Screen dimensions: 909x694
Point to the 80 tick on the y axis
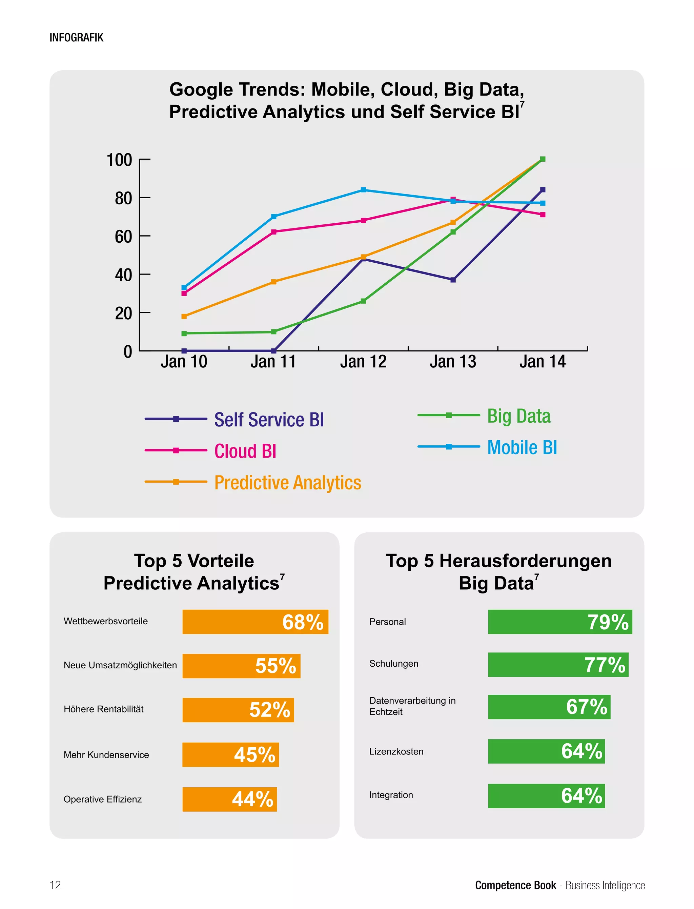point(123,198)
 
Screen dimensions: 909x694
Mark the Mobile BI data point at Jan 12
point(363,190)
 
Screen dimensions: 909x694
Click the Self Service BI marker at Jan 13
point(453,280)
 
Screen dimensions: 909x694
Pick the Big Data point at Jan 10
point(184,334)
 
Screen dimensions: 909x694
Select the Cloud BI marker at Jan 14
point(543,215)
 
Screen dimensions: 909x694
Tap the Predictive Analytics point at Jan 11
point(273,282)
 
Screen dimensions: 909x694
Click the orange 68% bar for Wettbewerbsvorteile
point(255,622)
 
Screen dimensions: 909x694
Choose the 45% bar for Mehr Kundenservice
point(230,754)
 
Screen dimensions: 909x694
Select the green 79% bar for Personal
point(560,622)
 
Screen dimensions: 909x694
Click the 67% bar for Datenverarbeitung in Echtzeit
point(549,707)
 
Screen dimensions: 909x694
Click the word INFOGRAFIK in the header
point(77,38)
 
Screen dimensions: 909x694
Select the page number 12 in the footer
point(55,885)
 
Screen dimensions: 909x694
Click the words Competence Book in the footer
point(515,885)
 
